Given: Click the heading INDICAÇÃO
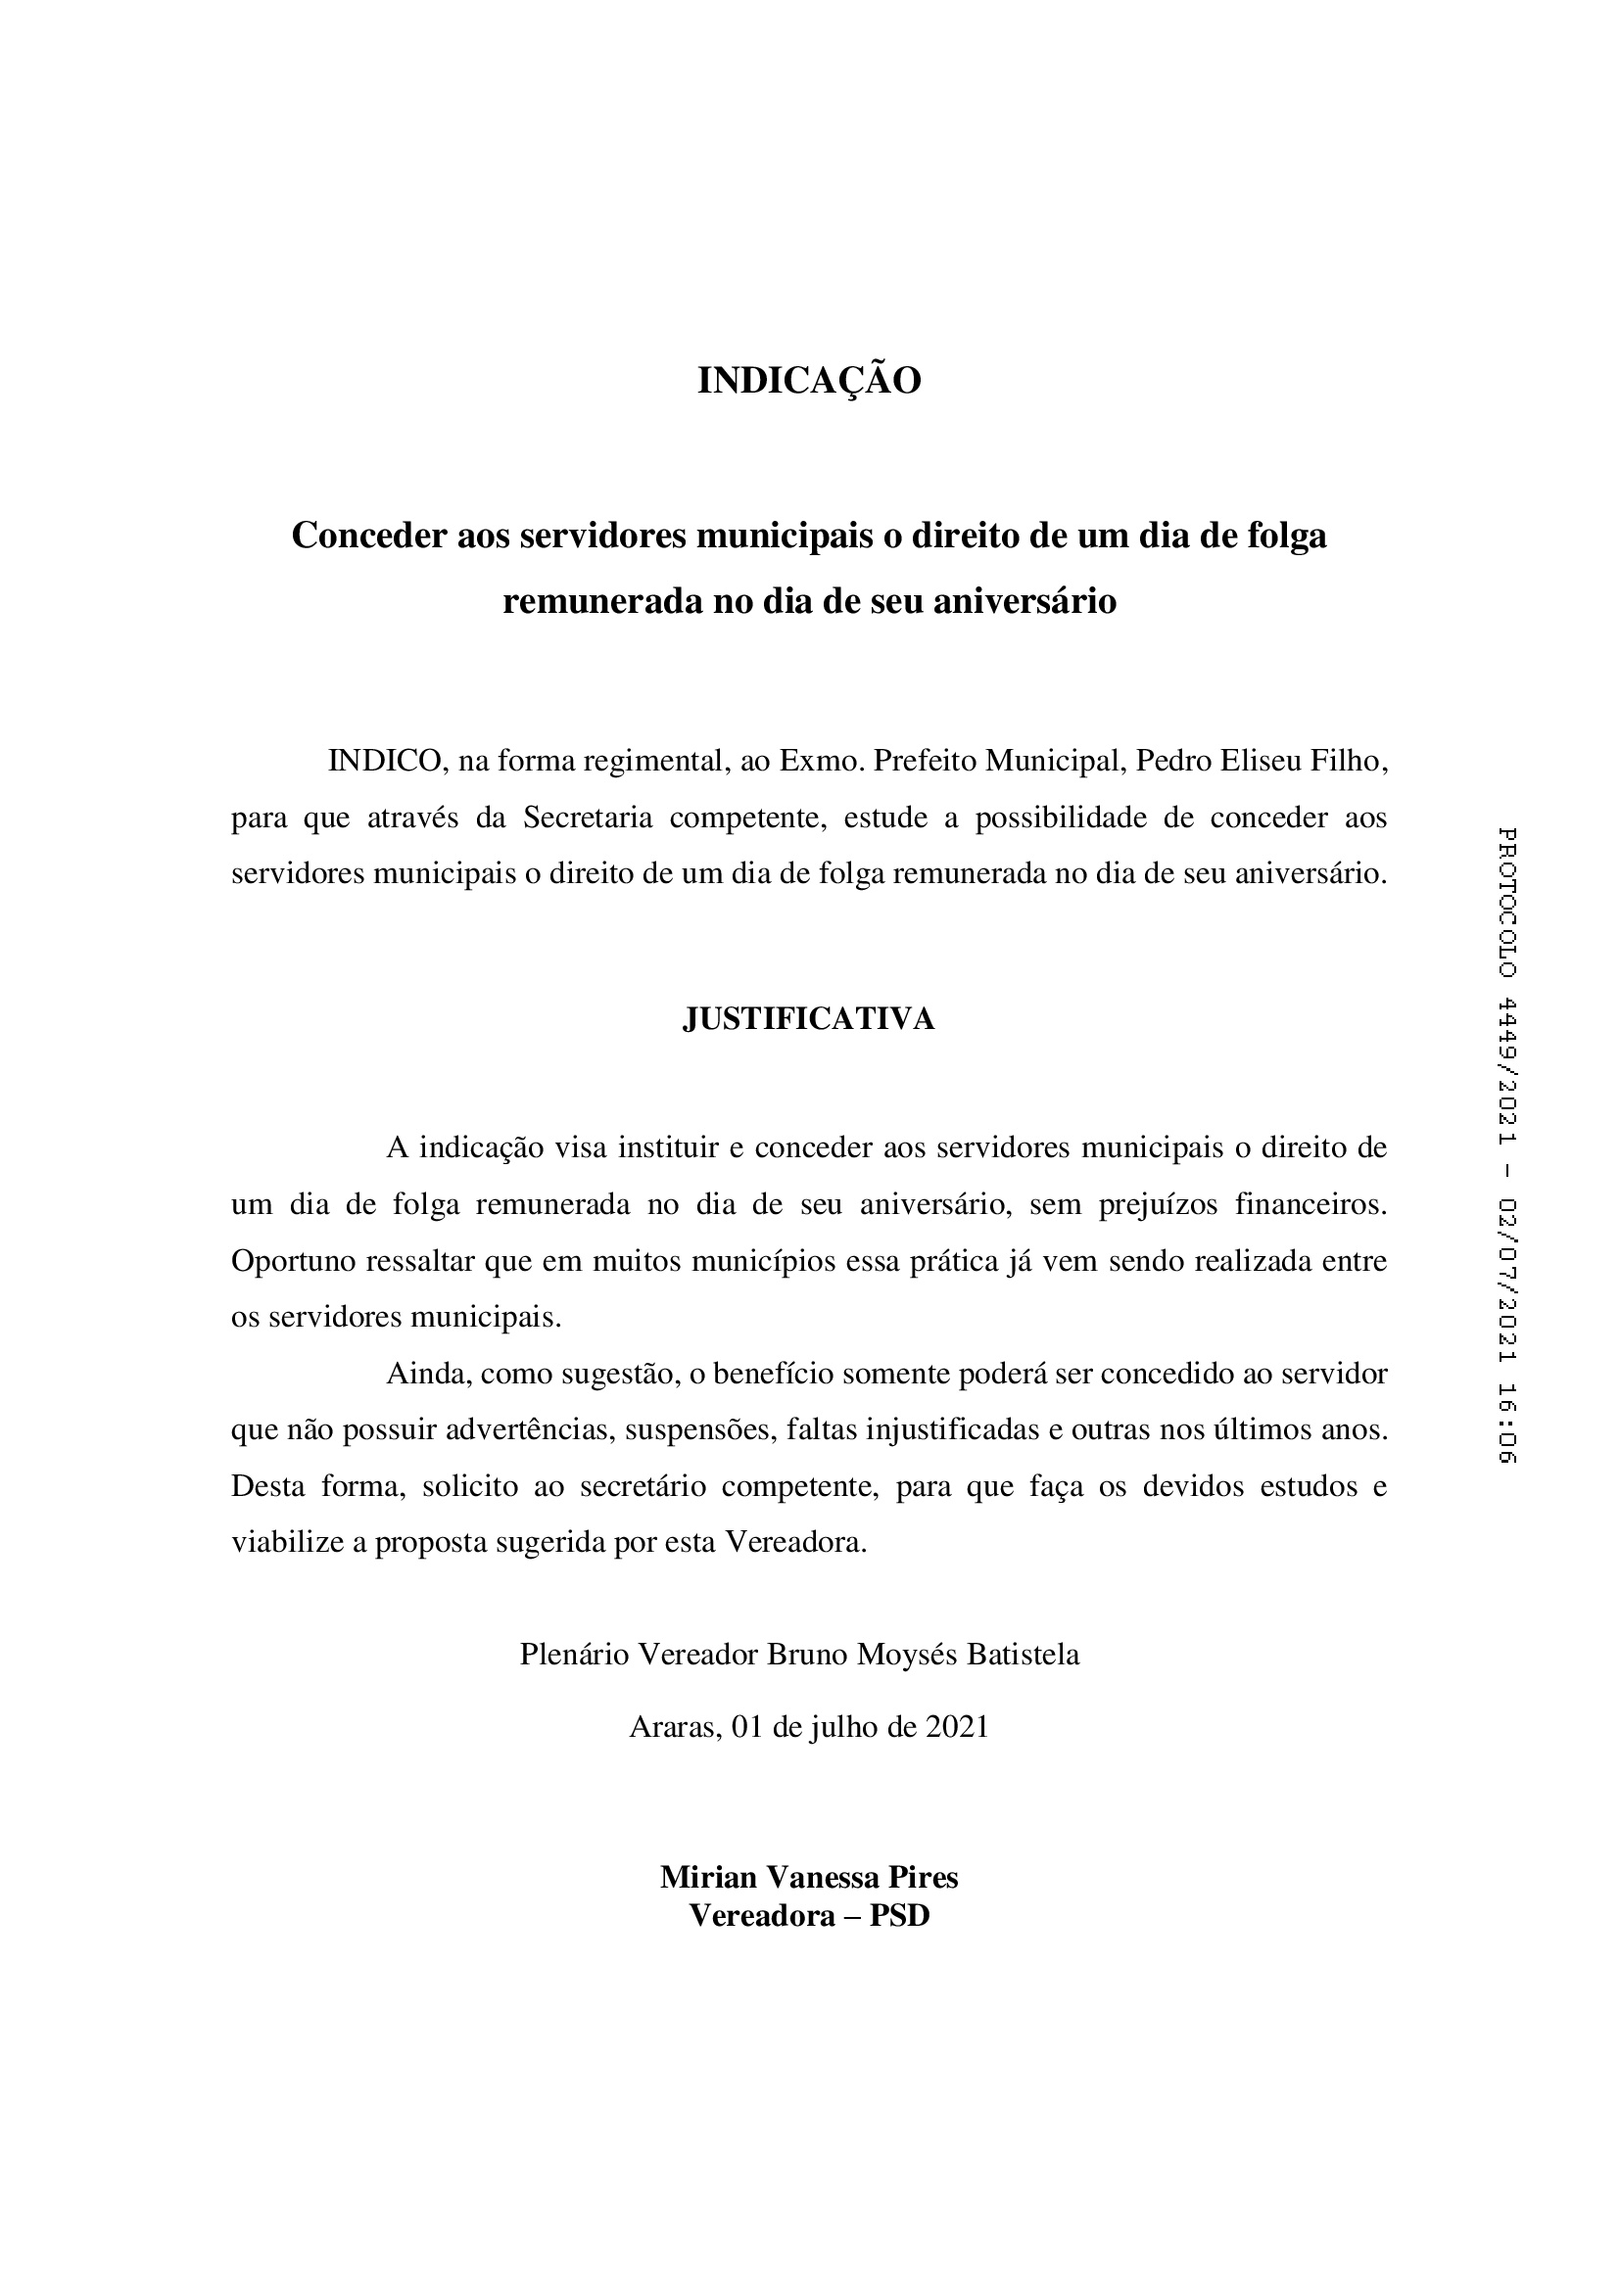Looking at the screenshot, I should [x=809, y=381].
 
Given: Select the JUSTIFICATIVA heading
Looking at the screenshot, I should [x=809, y=1019].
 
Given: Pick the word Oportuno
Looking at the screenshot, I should [x=293, y=1262].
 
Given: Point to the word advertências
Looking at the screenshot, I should [x=529, y=1431].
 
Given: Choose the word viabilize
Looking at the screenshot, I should [x=286, y=1543].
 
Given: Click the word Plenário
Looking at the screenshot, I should [x=574, y=1656].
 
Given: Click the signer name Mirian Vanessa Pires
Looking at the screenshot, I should [x=809, y=1877].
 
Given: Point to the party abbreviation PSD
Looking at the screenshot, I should [x=900, y=1916].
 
